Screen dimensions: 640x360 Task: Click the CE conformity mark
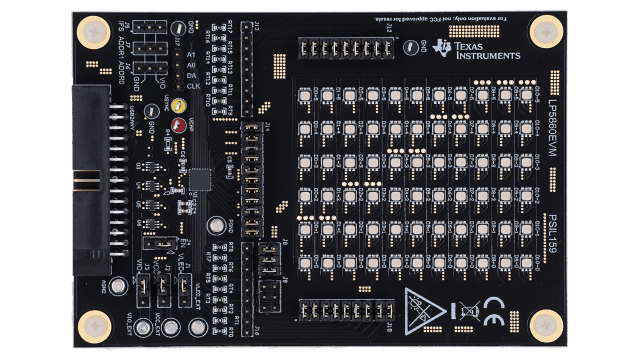(494, 306)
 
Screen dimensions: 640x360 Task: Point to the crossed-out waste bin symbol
(464, 306)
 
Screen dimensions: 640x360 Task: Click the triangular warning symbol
(426, 308)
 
